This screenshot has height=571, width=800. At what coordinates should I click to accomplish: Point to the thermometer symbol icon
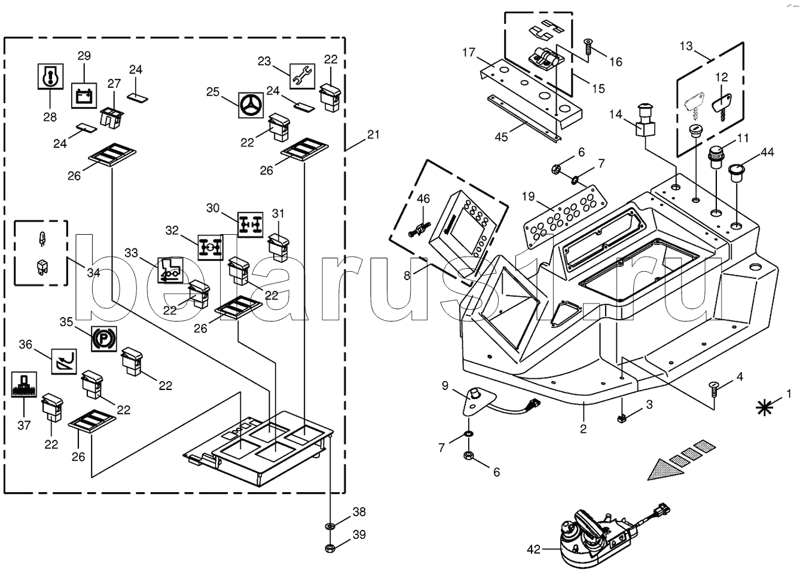pyautogui.click(x=49, y=76)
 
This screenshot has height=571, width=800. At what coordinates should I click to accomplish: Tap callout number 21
pyautogui.click(x=373, y=135)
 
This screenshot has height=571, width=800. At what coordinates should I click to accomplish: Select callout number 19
pyautogui.click(x=527, y=196)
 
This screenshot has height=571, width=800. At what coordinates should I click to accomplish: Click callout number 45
pyautogui.click(x=501, y=137)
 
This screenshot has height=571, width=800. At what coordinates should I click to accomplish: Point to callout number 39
pyautogui.click(x=359, y=535)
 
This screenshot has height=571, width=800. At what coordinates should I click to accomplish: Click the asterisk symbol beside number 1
pyautogui.click(x=762, y=407)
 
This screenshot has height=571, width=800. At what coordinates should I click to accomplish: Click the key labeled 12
pyautogui.click(x=720, y=106)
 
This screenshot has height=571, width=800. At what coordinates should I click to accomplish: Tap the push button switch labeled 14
pyautogui.click(x=646, y=119)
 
